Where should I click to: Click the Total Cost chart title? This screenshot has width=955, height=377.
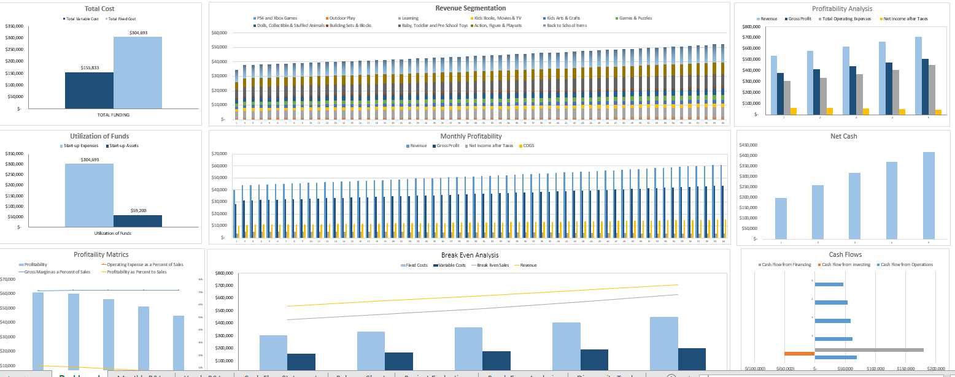[99, 9]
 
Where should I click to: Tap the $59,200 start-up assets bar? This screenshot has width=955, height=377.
[137, 221]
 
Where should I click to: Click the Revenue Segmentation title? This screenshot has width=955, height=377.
[470, 8]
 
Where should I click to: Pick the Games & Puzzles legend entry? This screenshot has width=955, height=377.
[635, 18]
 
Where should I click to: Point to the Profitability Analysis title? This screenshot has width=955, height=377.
[841, 9]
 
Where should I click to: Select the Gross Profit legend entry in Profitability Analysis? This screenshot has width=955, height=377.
[798, 19]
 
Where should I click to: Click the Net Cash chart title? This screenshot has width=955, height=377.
[843, 136]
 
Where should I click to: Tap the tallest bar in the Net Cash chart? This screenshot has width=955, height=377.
[929, 196]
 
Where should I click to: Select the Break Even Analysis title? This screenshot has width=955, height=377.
[470, 255]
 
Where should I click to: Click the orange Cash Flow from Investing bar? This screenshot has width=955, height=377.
[799, 353]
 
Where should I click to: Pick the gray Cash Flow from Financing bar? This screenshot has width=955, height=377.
[868, 350]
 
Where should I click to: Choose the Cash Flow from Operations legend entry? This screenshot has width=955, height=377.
[905, 265]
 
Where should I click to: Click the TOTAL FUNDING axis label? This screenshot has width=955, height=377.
[114, 115]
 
